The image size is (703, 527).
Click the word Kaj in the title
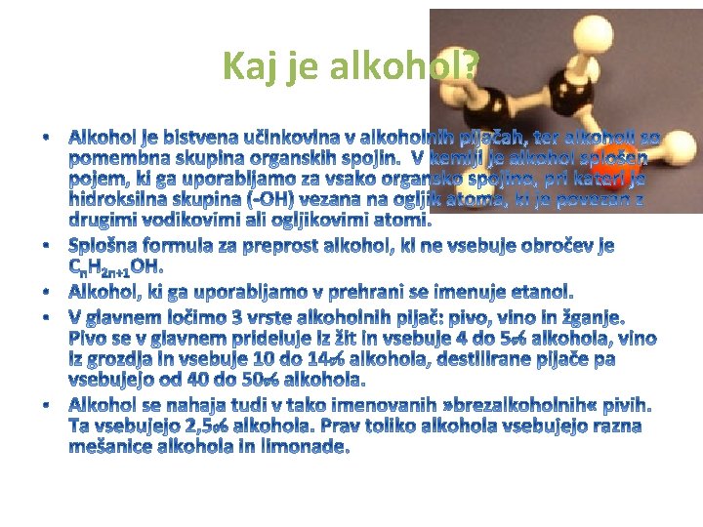[x=245, y=65]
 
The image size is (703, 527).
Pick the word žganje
[x=590, y=318]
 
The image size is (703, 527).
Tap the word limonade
[x=303, y=448]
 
